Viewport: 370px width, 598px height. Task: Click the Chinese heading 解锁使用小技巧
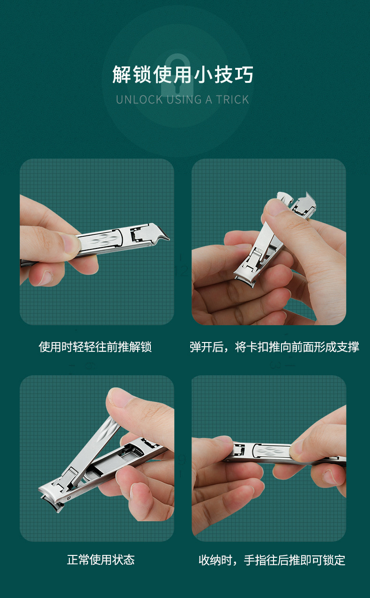click(183, 74)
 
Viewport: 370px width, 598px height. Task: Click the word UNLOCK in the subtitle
click(140, 100)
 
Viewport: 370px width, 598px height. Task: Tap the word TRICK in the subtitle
click(232, 100)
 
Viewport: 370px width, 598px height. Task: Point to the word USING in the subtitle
click(184, 100)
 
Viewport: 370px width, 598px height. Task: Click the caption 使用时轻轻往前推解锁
click(96, 347)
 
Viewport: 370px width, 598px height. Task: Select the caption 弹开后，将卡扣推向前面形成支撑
click(274, 347)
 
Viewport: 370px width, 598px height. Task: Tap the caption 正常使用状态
click(101, 560)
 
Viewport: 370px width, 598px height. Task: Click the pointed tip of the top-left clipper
click(168, 239)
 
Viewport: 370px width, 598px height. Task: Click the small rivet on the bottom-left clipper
click(69, 498)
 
